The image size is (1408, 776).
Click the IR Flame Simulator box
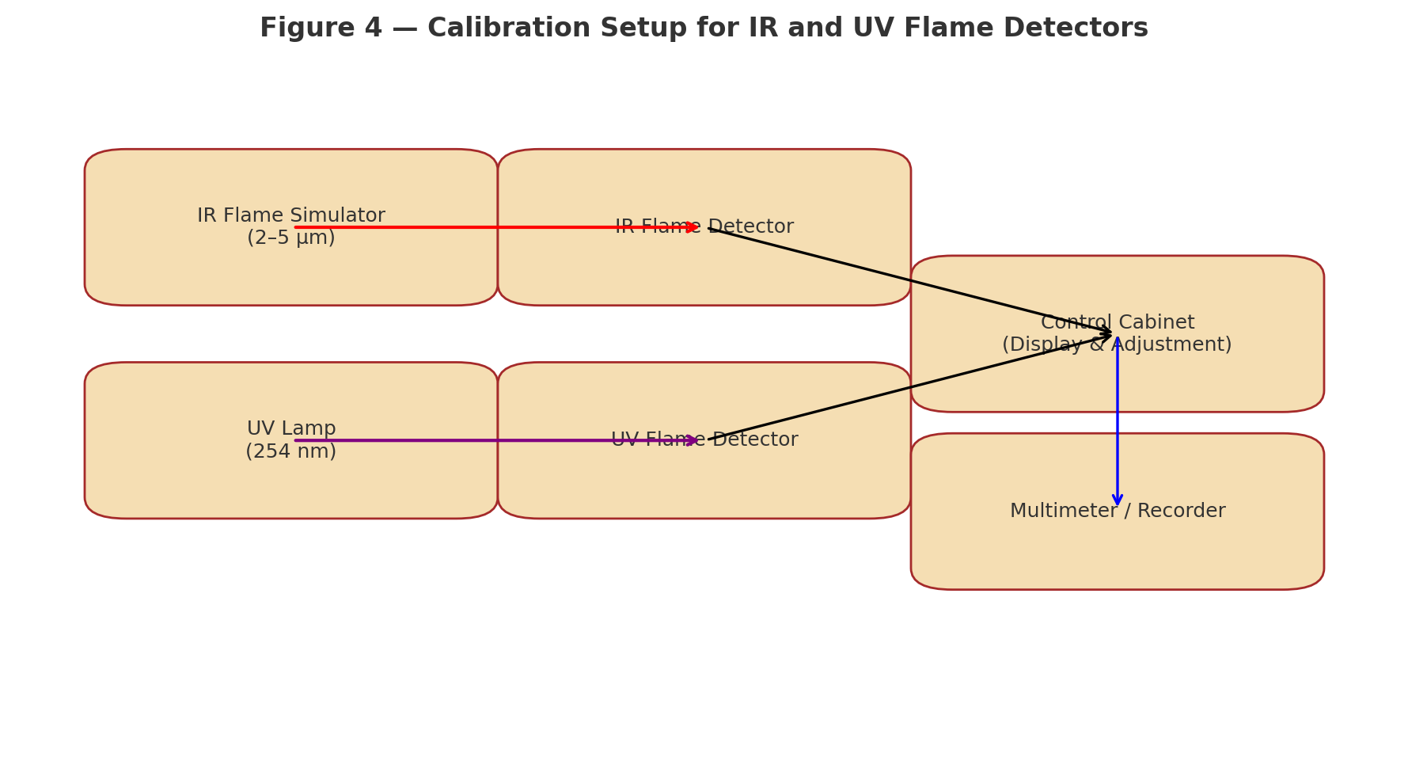click(158, 269)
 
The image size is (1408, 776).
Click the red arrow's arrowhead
click(693, 227)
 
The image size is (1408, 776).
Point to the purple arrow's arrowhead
click(693, 440)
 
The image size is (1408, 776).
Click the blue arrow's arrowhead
click(1117, 500)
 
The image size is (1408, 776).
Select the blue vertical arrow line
click(1117, 420)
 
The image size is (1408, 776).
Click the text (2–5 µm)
click(290, 238)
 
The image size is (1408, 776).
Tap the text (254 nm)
click(290, 452)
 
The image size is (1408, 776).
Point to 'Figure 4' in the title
click(321, 29)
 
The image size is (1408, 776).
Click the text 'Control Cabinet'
click(1117, 322)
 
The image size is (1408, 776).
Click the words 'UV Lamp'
click(290, 429)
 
